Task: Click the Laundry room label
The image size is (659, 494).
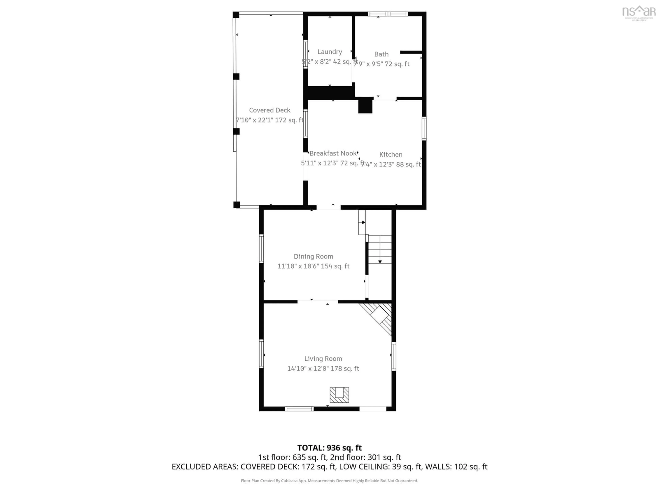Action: (x=329, y=52)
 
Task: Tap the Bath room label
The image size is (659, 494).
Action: (x=381, y=54)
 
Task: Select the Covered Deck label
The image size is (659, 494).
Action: (x=270, y=110)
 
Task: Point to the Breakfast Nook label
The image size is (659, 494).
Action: (x=333, y=153)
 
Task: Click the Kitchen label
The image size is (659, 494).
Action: (x=391, y=155)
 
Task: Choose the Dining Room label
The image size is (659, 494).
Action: (x=313, y=256)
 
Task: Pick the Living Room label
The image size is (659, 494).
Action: (x=323, y=359)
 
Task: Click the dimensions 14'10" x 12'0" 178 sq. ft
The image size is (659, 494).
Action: (x=323, y=369)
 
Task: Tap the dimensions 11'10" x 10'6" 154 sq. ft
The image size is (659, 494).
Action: (x=313, y=266)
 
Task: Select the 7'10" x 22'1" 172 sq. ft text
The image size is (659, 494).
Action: (x=270, y=120)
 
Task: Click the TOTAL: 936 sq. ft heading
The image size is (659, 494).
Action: (x=329, y=448)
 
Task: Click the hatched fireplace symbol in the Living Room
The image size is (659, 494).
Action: (x=339, y=395)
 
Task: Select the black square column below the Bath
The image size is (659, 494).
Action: (x=365, y=106)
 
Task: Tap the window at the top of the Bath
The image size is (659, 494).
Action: (x=388, y=14)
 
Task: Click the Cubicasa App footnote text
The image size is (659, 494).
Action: (x=329, y=481)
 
